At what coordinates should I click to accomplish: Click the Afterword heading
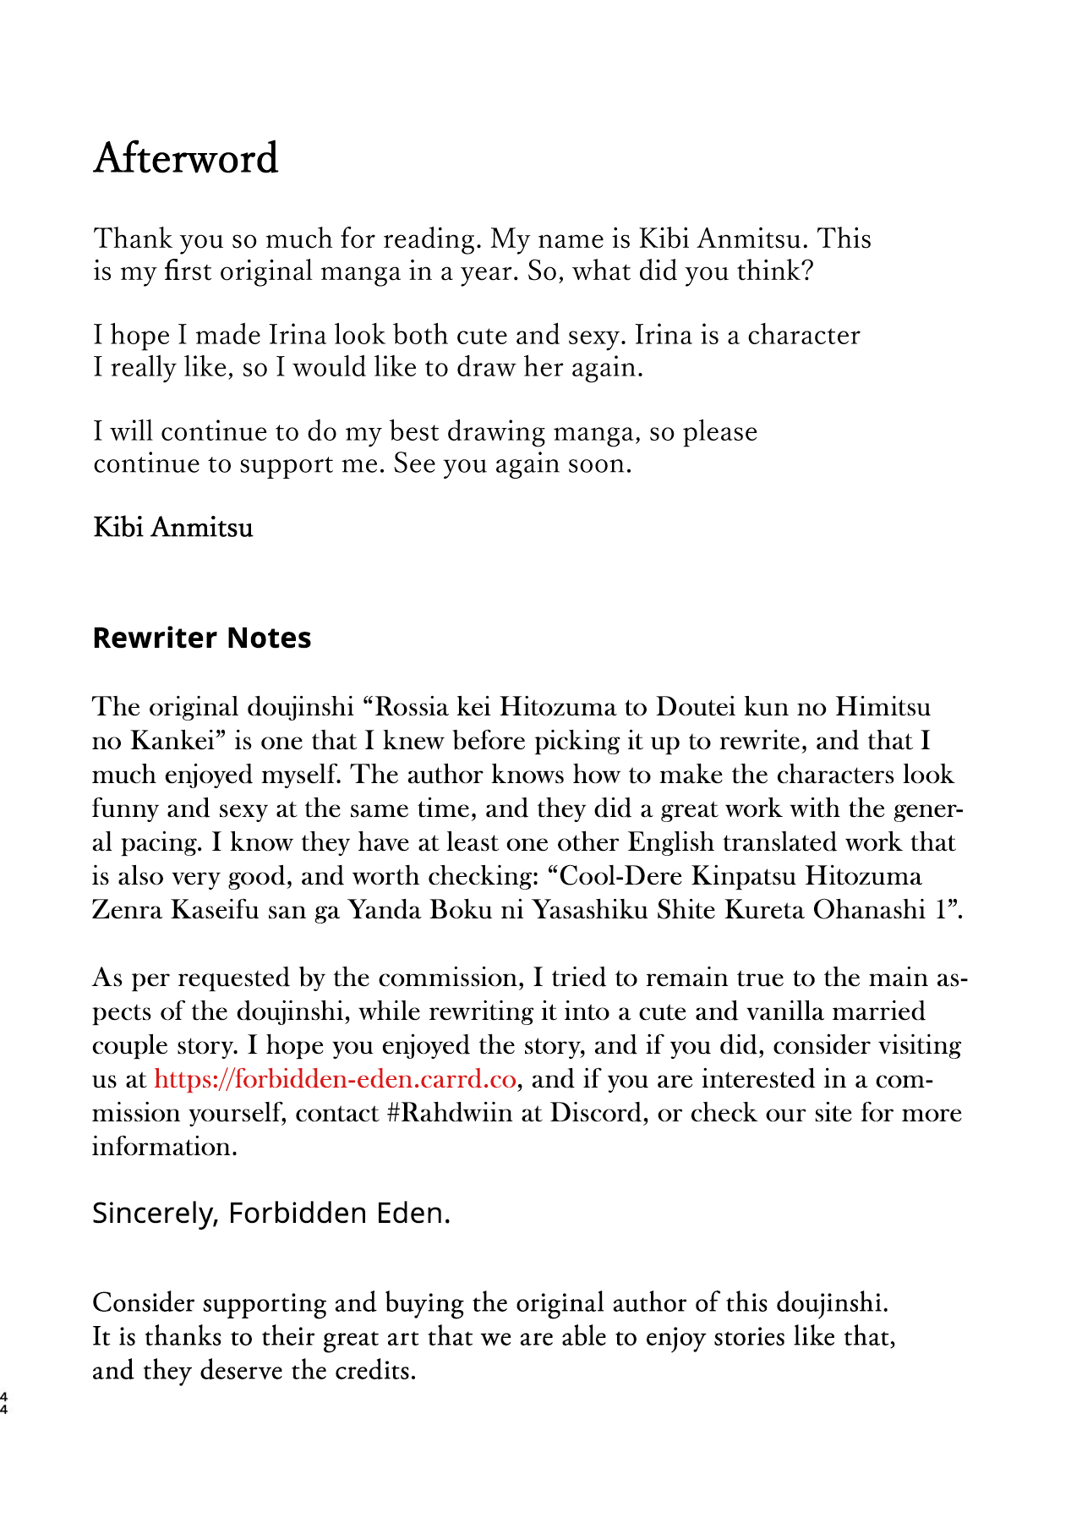point(185,158)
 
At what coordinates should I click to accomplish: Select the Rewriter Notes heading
point(201,638)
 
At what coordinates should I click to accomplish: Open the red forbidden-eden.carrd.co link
point(335,1080)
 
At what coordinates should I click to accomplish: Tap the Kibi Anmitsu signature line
point(172,528)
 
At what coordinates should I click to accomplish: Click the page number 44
point(5,1403)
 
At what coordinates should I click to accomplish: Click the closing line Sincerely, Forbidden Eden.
point(270,1214)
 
